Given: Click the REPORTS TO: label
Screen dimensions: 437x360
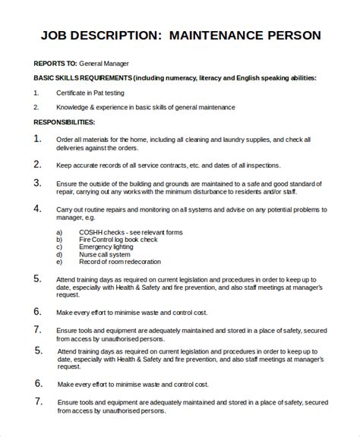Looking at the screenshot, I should pos(55,64).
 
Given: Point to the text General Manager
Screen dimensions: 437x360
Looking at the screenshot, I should pos(105,64).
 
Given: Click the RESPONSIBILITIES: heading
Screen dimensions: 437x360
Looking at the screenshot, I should pos(65,121).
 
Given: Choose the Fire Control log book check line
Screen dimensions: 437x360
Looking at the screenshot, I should pos(119,240).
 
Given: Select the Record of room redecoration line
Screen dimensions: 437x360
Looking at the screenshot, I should pos(120,263).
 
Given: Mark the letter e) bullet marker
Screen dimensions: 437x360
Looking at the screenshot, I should pos(59,263).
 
